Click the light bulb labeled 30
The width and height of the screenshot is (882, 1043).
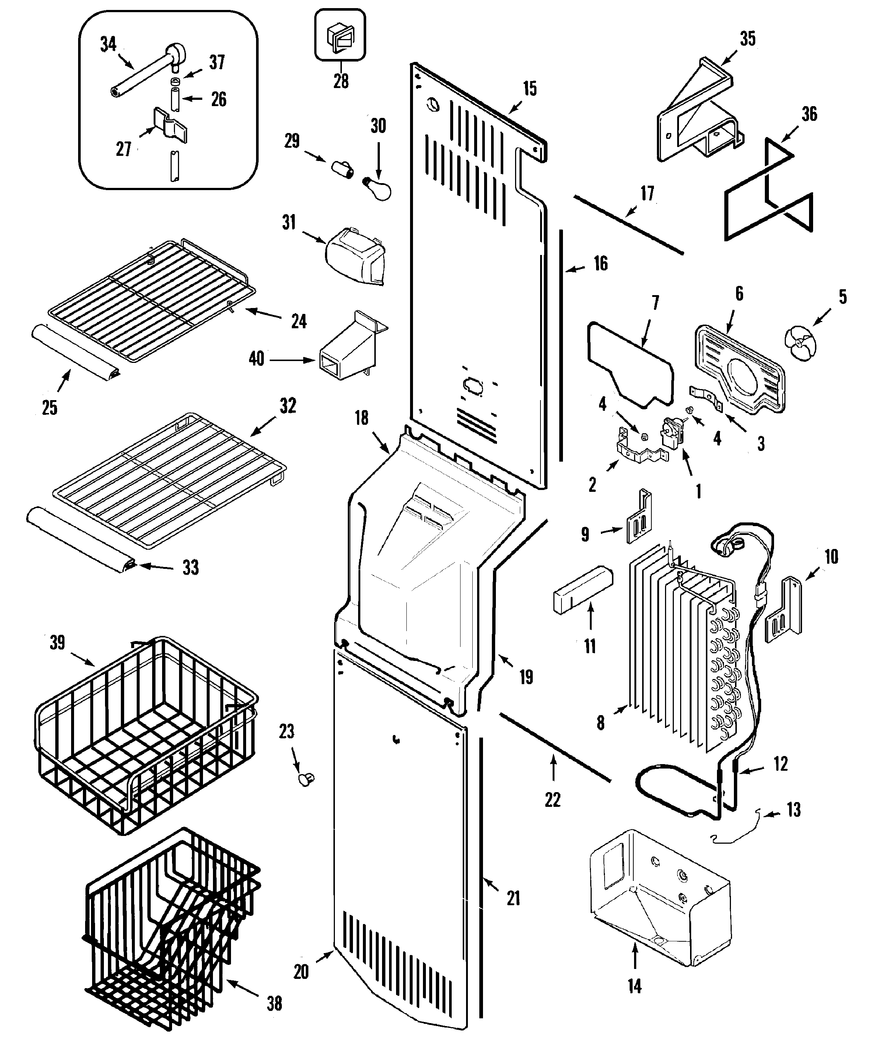point(378,189)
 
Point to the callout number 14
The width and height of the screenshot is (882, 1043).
point(634,987)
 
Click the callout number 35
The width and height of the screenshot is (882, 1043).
point(747,38)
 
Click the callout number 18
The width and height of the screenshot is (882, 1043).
point(361,418)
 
